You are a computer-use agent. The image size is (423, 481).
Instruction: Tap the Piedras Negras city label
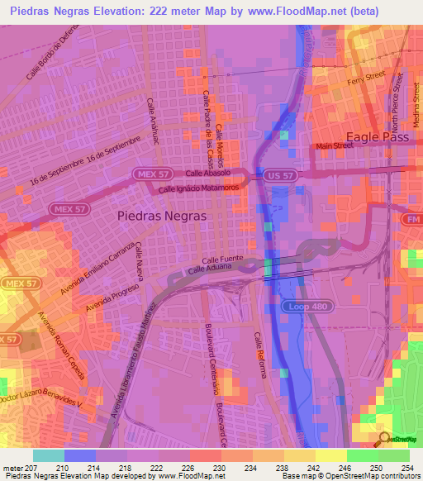[x=162, y=213]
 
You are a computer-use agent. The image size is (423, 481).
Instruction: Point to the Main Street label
[x=333, y=146]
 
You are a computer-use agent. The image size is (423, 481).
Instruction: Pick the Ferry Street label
[x=368, y=77]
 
